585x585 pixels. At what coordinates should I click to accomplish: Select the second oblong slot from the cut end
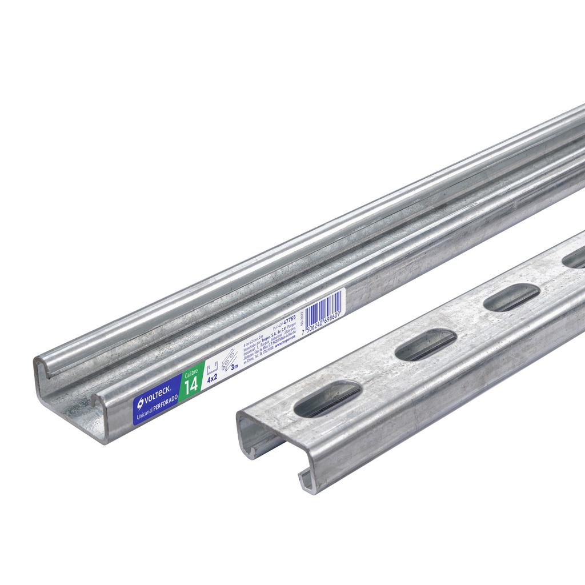coord(425,345)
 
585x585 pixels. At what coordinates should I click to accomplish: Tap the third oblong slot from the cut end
coord(512,297)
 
